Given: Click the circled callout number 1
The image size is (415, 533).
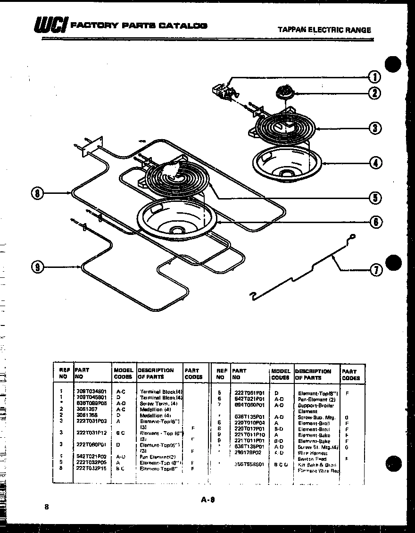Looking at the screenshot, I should tap(374, 77).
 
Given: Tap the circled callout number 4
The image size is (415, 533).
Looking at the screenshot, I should tap(375, 163).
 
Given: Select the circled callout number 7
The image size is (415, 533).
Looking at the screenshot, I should tap(375, 270).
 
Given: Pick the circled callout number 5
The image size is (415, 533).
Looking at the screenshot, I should tap(375, 198).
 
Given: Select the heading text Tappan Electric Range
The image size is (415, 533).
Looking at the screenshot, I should tap(324, 30).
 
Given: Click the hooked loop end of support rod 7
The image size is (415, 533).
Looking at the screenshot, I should tap(351, 238).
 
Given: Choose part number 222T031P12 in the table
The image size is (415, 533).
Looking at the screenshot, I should tap(91, 432).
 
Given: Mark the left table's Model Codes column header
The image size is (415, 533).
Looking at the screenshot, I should tap(123, 374).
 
